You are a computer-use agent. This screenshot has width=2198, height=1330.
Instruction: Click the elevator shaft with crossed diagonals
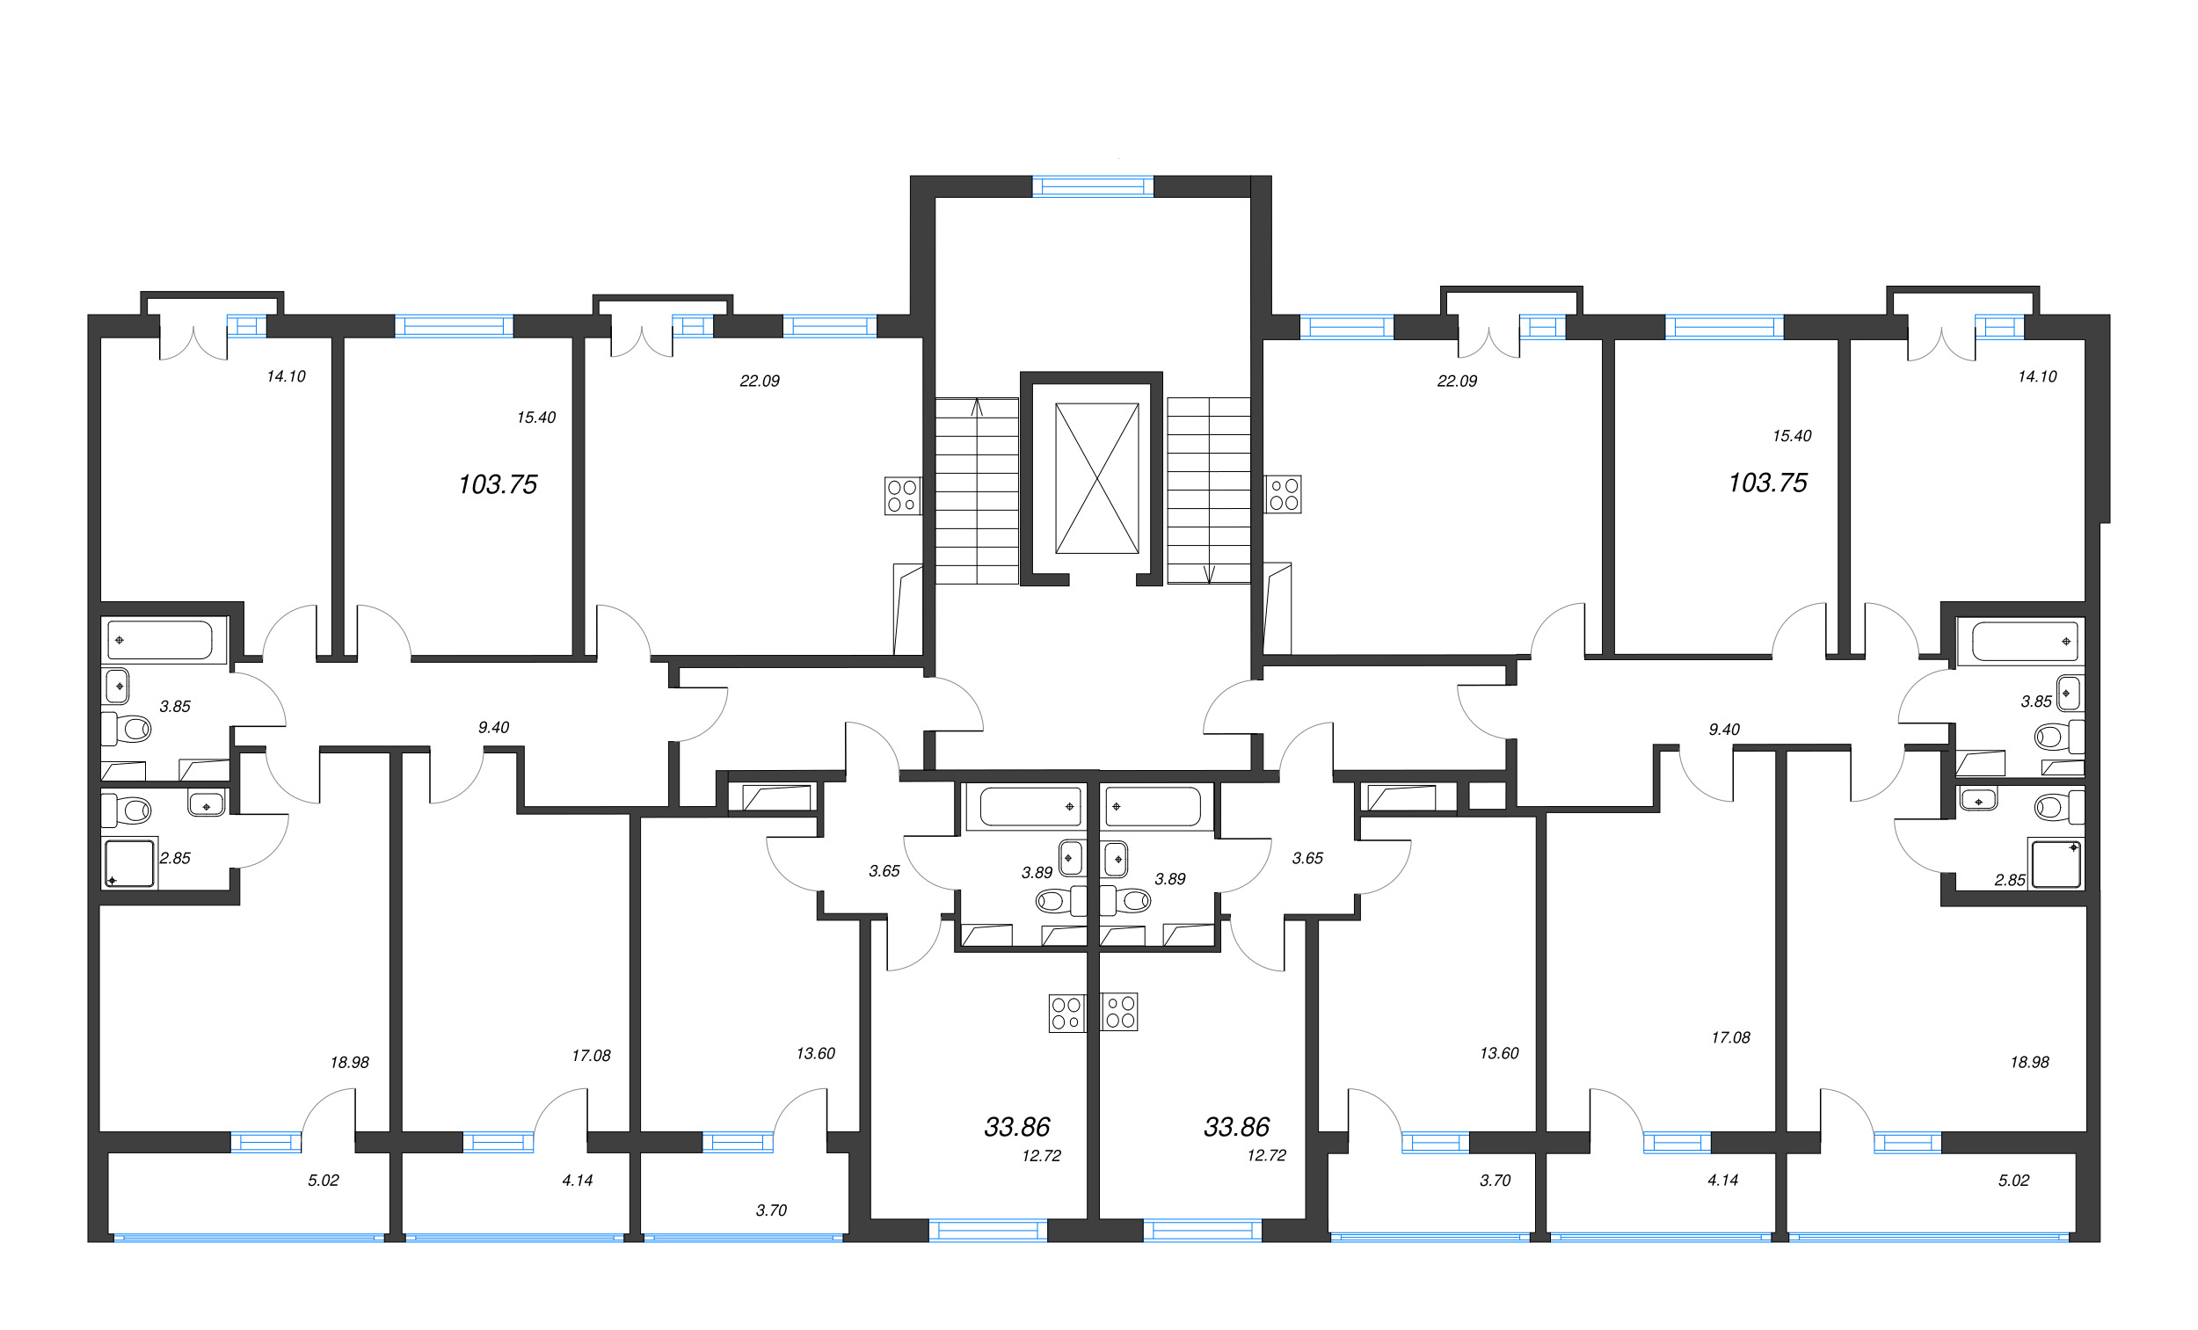(x=1096, y=478)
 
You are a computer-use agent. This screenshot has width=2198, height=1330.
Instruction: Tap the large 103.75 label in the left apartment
(x=497, y=484)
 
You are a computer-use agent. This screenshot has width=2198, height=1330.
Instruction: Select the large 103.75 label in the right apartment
(x=1767, y=483)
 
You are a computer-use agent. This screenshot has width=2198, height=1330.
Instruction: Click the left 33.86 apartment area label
(x=1016, y=1127)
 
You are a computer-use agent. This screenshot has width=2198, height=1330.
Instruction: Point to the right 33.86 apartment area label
(x=1235, y=1127)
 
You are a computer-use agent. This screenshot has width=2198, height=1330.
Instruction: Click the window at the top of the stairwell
(x=1092, y=186)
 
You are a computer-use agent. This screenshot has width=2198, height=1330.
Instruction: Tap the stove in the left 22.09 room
(x=902, y=496)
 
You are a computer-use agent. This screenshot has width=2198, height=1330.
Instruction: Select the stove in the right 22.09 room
(x=1284, y=494)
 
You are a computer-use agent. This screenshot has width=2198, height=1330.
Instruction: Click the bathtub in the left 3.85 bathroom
(x=161, y=640)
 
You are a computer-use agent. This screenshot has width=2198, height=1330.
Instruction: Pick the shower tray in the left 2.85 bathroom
(x=130, y=862)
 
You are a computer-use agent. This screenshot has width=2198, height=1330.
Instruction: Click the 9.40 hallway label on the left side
(x=493, y=727)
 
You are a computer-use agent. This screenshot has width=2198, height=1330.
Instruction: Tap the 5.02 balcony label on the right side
(x=2013, y=1181)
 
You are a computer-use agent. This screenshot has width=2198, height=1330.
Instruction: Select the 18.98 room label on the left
(x=349, y=1063)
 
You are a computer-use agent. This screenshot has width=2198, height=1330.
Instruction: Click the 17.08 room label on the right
(x=1729, y=1037)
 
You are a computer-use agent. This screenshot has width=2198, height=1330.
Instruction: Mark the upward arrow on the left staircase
(x=977, y=408)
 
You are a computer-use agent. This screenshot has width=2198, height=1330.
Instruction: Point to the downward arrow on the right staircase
(x=1209, y=573)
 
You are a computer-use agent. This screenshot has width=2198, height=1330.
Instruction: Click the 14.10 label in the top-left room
(x=286, y=376)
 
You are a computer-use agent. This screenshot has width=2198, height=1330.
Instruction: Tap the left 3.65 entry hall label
(x=884, y=870)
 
